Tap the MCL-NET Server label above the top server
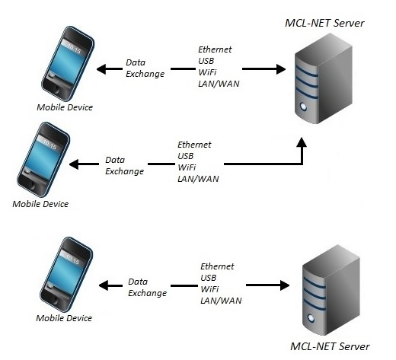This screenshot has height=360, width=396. pyautogui.click(x=324, y=23)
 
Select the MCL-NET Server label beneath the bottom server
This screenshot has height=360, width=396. pyautogui.click(x=330, y=346)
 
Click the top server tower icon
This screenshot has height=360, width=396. pyautogui.click(x=323, y=78)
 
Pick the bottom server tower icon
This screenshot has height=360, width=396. pyautogui.click(x=331, y=290)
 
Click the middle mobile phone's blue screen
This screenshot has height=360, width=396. pyautogui.click(x=44, y=158)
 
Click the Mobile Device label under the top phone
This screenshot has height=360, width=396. pyautogui.click(x=65, y=107)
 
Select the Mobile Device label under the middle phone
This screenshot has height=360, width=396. pyautogui.click(x=40, y=204)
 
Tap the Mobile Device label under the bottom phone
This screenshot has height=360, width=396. pyautogui.click(x=64, y=318)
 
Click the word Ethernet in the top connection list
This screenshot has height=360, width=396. pyautogui.click(x=215, y=49)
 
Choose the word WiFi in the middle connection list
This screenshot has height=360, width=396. pyautogui.click(x=187, y=167)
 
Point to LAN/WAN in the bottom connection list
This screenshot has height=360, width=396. pyautogui.click(x=221, y=301)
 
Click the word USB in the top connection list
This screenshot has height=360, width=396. pyautogui.click(x=206, y=61)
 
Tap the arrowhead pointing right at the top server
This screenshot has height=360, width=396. pyautogui.click(x=281, y=69)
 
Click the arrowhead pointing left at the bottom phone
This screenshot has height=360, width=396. pyautogui.click(x=104, y=285)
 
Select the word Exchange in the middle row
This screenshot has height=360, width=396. pyautogui.click(x=124, y=171)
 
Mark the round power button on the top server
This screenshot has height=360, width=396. pyautogui.click(x=303, y=107)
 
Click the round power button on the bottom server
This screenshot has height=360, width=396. pyautogui.click(x=311, y=318)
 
